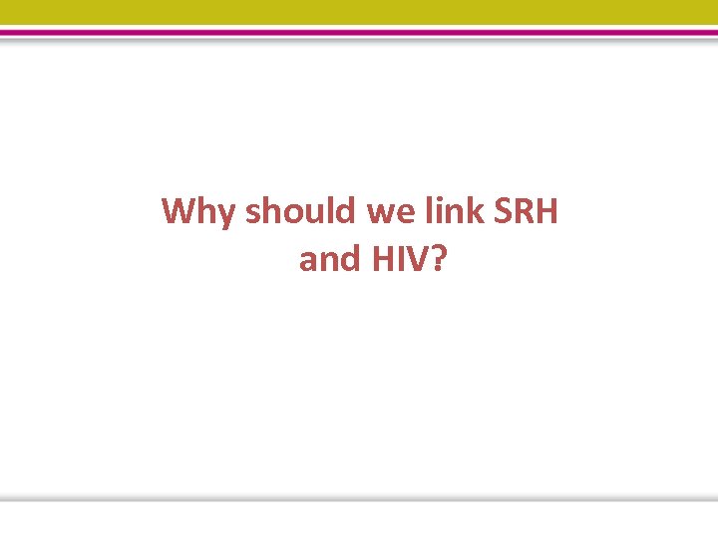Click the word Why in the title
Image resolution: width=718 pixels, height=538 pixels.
(199, 212)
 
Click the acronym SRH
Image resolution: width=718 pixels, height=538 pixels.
(526, 212)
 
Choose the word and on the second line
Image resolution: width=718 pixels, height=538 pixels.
(330, 259)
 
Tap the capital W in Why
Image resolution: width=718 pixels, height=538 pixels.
(181, 212)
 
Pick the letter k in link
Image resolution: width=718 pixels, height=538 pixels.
(479, 212)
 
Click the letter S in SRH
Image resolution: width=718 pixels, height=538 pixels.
(505, 212)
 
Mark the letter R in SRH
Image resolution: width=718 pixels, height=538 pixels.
(525, 212)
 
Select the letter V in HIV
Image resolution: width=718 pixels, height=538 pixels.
(422, 259)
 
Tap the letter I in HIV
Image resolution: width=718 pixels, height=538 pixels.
(403, 259)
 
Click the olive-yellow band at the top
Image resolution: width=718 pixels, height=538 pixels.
(359, 12)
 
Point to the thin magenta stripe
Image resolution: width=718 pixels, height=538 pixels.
(359, 32)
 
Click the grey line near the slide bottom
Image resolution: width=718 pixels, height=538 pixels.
(359, 497)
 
